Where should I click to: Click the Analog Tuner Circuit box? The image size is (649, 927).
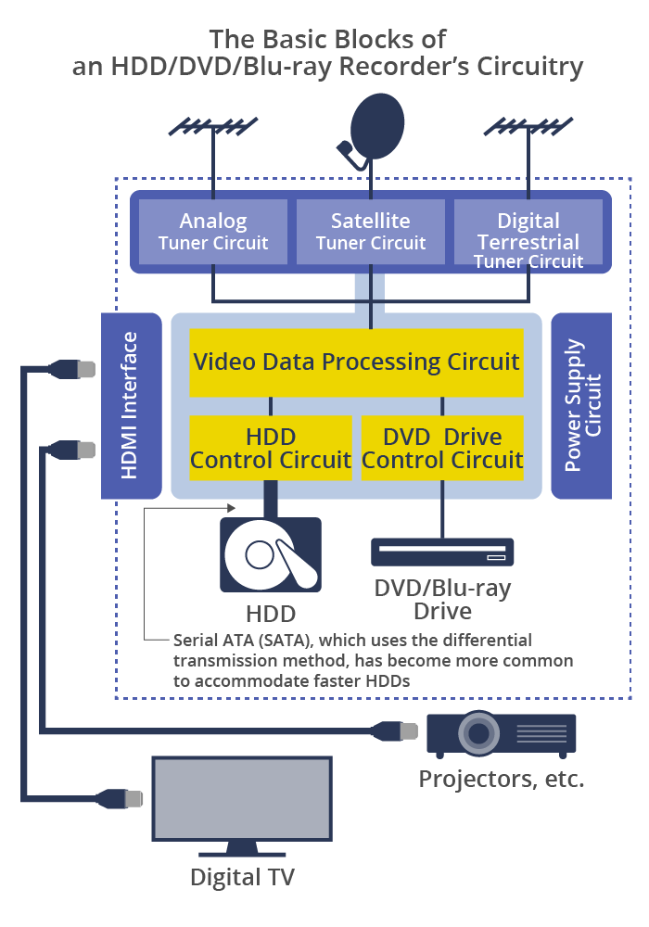[x=213, y=232]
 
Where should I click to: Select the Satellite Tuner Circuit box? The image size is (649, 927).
[x=371, y=232]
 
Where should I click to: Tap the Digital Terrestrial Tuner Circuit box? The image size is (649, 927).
[x=528, y=232]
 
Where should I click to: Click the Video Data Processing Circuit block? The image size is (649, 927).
[x=356, y=362]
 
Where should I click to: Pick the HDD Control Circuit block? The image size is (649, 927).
[x=271, y=448]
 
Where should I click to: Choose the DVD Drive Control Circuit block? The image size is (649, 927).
[x=442, y=448]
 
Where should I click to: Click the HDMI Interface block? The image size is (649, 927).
[x=132, y=406]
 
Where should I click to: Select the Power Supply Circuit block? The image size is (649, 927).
[x=581, y=406]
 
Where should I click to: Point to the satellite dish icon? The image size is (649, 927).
[x=372, y=130]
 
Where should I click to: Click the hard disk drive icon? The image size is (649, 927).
[x=271, y=555]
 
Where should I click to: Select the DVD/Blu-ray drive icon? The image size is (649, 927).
[x=442, y=552]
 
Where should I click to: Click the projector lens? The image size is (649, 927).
[x=478, y=733]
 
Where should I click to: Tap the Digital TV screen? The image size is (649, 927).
[x=242, y=798]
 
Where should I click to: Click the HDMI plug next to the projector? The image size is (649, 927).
[x=397, y=730]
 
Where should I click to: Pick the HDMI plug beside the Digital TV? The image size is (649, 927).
[x=121, y=799]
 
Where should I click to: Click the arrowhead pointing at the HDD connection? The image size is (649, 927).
[x=231, y=507]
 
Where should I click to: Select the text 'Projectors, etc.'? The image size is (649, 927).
[x=502, y=780]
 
